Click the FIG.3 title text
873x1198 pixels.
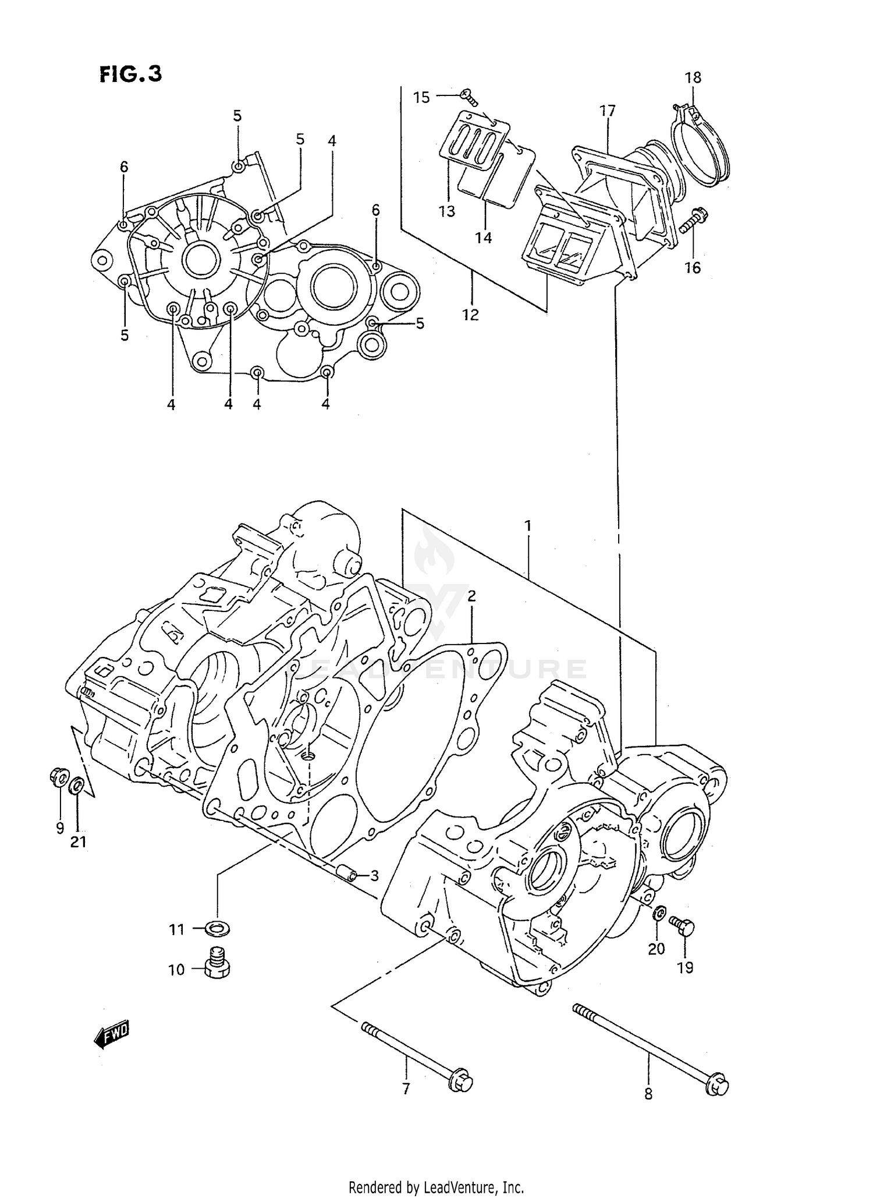pos(130,74)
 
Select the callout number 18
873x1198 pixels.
pos(693,77)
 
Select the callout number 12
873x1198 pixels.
pos(470,315)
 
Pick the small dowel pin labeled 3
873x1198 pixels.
pos(347,874)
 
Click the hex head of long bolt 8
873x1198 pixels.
pos(719,1086)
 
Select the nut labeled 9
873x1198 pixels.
pos(59,777)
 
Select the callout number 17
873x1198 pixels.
pos(607,111)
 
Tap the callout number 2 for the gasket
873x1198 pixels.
pos(471,596)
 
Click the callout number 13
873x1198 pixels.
pos(446,211)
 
